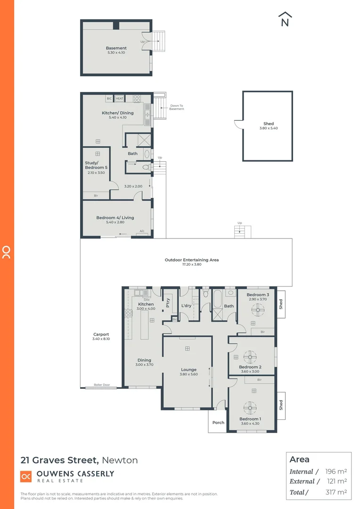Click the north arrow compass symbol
(285, 19)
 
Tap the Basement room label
(116, 48)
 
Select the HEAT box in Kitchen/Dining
(120, 99)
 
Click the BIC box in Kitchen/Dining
(109, 99)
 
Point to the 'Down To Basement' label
(177, 107)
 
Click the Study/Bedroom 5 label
(95, 165)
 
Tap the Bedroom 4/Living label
(115, 218)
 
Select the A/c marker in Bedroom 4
(142, 231)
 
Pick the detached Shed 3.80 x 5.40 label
(269, 126)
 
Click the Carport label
(101, 335)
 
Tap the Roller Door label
(101, 385)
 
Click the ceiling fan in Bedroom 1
(249, 407)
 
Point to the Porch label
(218, 422)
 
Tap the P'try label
(168, 304)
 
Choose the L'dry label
(186, 306)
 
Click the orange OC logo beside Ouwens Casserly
(26, 476)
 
